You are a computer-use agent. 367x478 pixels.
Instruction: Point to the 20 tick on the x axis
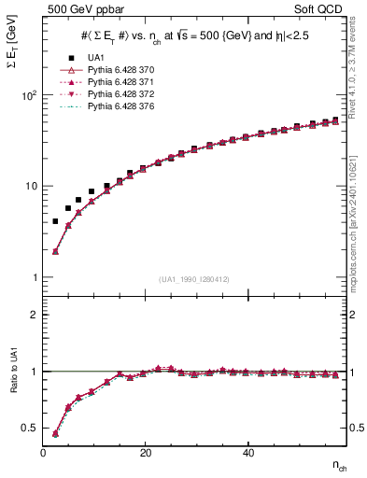click(145, 453)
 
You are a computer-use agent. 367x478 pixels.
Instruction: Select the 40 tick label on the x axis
click(247, 453)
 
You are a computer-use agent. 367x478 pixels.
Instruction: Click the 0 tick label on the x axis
click(43, 453)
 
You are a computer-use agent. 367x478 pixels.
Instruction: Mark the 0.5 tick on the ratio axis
click(30, 429)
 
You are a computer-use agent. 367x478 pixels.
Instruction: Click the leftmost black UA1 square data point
click(55, 221)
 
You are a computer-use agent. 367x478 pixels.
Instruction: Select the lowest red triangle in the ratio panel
click(55, 433)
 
